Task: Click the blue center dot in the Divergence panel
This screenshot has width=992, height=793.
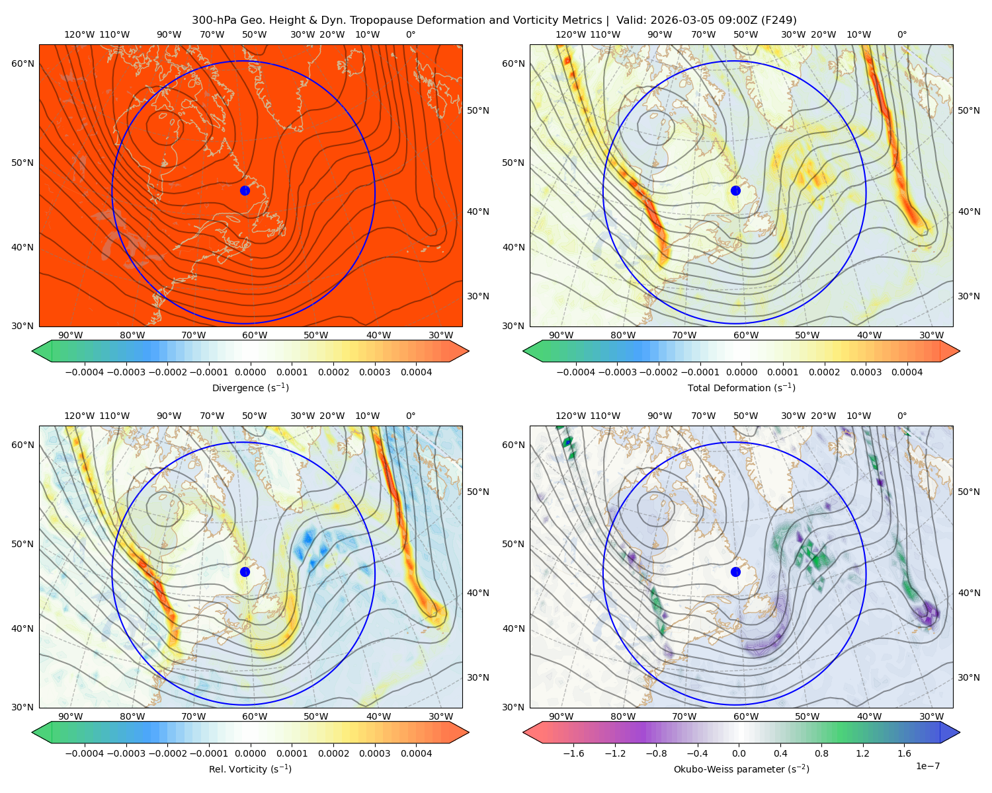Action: (x=245, y=190)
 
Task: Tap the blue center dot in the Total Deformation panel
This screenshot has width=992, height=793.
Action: (x=735, y=190)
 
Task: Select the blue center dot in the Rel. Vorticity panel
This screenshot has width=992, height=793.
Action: (x=245, y=572)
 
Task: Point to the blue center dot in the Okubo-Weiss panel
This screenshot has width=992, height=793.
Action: (x=735, y=572)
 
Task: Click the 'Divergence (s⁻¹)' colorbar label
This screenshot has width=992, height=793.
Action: (x=250, y=387)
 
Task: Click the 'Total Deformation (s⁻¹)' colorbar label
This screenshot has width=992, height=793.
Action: (x=741, y=387)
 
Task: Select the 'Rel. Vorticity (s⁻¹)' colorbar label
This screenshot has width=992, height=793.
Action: (x=250, y=769)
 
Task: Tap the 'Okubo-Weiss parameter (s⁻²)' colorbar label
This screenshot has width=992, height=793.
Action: (x=741, y=769)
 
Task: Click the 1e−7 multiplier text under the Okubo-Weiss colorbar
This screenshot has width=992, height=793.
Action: (x=927, y=766)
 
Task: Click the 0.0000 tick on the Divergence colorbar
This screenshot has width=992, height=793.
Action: (x=250, y=372)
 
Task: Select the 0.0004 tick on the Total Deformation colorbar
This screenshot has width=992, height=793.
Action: (x=907, y=372)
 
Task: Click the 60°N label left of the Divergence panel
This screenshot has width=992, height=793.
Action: (x=22, y=63)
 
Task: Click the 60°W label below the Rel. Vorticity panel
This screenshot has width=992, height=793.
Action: (x=255, y=716)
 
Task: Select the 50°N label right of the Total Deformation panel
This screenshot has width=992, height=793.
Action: (x=968, y=110)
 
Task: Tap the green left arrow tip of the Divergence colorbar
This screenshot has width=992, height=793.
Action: (x=32, y=351)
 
